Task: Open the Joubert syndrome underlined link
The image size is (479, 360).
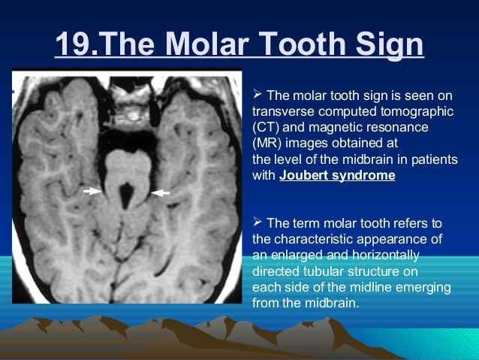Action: [337, 177]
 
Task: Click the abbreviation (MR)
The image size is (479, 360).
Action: [267, 144]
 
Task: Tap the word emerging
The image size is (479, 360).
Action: [425, 288]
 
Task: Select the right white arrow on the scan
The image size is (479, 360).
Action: [161, 193]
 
